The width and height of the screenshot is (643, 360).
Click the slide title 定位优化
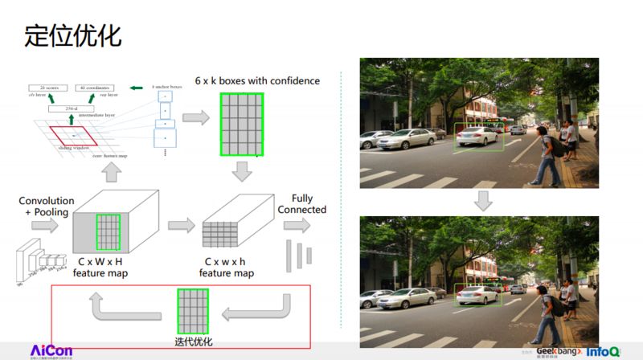pos(73,36)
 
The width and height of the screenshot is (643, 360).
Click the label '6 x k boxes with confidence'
pos(256,80)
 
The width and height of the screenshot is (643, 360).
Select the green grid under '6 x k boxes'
pos(241,125)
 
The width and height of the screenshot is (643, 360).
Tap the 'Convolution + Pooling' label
pos(47,207)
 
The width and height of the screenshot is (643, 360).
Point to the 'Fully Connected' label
pos(302,204)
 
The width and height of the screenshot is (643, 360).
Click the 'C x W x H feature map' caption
pos(101,268)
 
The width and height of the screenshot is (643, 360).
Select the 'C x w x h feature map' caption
pos(227,268)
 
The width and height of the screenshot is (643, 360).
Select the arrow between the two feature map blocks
pos(181,225)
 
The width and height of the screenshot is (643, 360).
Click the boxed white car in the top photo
pos(479,137)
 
